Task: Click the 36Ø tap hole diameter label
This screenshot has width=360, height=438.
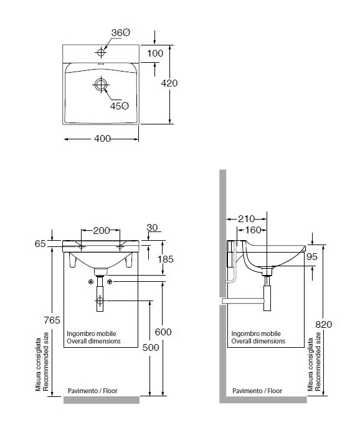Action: click(121, 33)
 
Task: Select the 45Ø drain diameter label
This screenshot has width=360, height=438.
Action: click(120, 106)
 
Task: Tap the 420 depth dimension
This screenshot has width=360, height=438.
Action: click(169, 83)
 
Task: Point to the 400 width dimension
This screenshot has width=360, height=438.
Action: click(102, 139)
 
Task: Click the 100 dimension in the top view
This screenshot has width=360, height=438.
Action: click(155, 53)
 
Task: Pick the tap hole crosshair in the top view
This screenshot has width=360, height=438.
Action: click(101, 52)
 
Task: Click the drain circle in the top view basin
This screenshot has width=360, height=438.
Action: click(101, 85)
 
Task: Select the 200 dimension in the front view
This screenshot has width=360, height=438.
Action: click(102, 230)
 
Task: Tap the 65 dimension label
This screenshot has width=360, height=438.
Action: click(40, 244)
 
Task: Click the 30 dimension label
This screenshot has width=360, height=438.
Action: click(152, 228)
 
